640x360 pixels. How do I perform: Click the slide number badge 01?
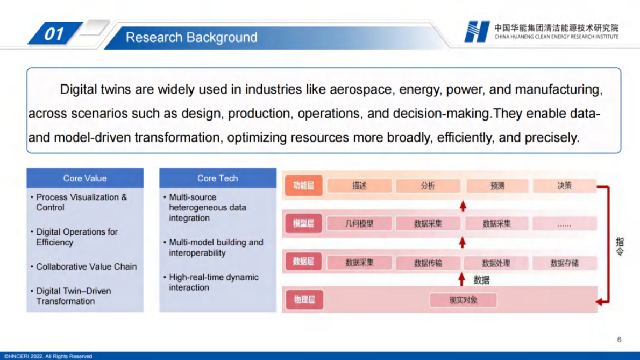(55, 33)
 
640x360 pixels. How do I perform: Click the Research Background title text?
(191, 37)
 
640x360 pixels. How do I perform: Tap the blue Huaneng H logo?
(477, 31)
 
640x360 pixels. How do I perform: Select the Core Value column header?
(85, 178)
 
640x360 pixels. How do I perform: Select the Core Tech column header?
(218, 178)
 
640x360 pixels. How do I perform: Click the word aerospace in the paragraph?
(361, 89)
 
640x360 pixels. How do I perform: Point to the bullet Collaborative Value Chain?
(86, 266)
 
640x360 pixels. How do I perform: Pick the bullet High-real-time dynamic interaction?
(213, 282)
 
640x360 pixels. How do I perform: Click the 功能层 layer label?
(303, 186)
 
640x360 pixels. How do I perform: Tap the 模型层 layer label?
(303, 223)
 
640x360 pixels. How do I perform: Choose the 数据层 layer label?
(303, 262)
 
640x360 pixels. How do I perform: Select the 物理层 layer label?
(304, 300)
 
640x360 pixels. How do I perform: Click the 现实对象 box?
(463, 300)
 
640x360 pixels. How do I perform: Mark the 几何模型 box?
(359, 223)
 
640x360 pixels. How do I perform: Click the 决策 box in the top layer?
(565, 186)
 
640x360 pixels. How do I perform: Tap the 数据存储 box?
(565, 263)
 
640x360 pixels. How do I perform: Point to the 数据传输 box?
(428, 263)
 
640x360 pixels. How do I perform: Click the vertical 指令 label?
(620, 246)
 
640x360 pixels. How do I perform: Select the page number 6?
(619, 340)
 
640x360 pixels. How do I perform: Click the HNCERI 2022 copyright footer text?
(48, 356)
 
